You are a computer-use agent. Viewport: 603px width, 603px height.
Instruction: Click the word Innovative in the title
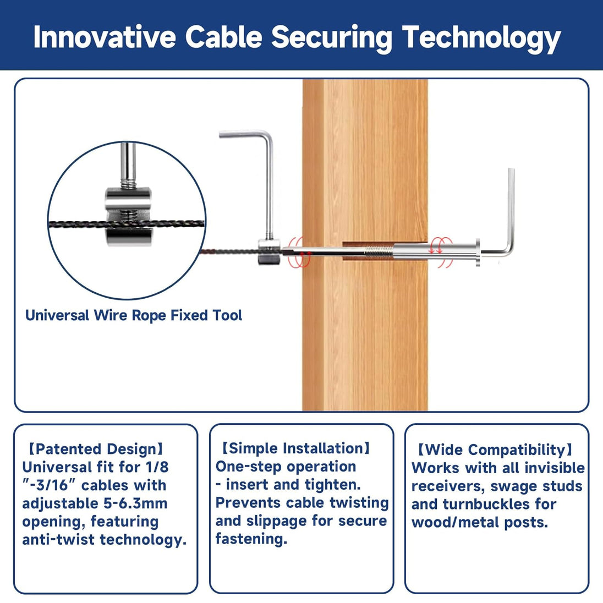[x=105, y=37]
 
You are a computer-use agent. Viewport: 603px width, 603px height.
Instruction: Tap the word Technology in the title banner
[x=481, y=39]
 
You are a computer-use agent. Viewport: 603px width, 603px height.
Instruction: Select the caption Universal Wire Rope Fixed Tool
[x=134, y=315]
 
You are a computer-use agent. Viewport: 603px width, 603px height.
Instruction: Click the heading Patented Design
[x=96, y=449]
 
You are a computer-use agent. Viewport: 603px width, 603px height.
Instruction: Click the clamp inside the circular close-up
[x=128, y=217]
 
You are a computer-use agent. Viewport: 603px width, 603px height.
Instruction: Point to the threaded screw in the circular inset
[x=128, y=166]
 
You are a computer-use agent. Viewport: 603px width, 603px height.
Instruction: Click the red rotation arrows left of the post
[x=299, y=252]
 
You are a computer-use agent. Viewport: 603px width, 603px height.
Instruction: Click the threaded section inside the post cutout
[x=378, y=252]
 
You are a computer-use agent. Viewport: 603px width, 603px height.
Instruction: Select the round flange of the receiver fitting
[x=478, y=253]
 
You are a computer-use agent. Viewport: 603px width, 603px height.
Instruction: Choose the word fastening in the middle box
[x=251, y=539]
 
